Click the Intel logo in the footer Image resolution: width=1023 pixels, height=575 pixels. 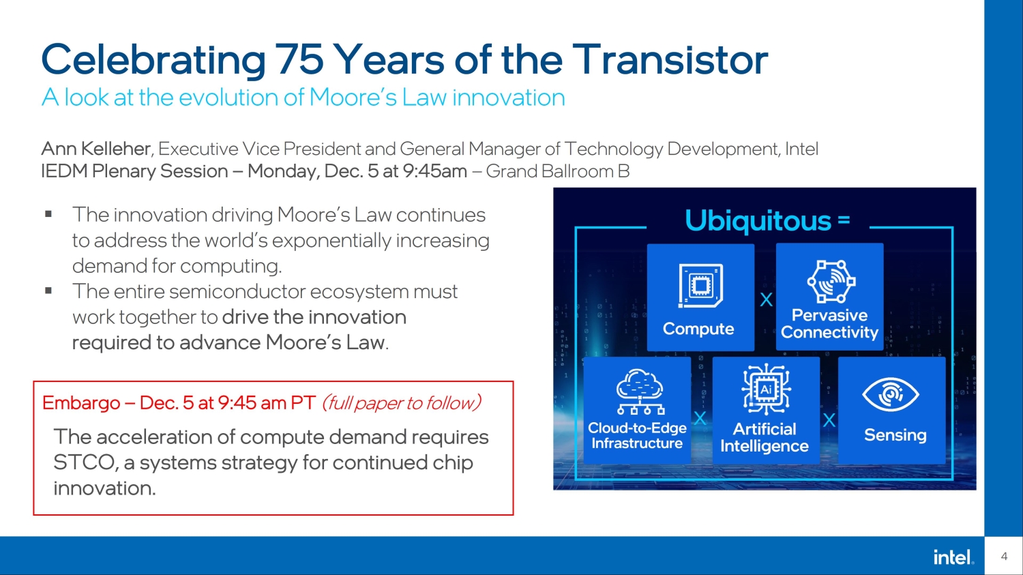click(x=953, y=557)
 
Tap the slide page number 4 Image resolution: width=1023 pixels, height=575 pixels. click(x=1004, y=557)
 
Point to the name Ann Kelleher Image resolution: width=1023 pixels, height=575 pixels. click(x=95, y=149)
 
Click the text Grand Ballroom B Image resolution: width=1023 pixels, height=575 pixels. click(x=557, y=171)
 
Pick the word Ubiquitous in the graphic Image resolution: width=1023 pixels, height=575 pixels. click(x=758, y=221)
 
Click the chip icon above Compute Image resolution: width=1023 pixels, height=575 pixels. click(x=700, y=286)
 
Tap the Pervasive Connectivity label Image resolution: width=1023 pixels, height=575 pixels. click(x=829, y=324)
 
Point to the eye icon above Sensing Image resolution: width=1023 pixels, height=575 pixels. click(x=890, y=394)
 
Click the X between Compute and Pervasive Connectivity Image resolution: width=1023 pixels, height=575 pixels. click(x=767, y=299)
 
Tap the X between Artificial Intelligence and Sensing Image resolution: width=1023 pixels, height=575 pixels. click(x=829, y=420)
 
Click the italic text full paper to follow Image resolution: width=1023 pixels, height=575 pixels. click(x=402, y=403)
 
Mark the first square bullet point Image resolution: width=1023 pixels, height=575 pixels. click(x=48, y=214)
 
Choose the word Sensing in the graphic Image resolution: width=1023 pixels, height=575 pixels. click(x=895, y=435)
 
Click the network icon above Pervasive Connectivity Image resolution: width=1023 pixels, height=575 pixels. click(x=831, y=281)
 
